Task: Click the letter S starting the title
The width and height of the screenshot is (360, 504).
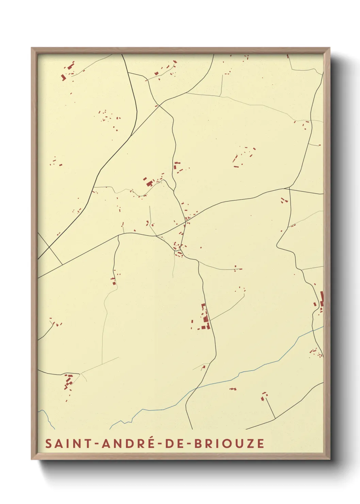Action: click(48, 443)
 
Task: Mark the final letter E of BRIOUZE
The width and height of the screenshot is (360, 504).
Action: click(261, 443)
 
